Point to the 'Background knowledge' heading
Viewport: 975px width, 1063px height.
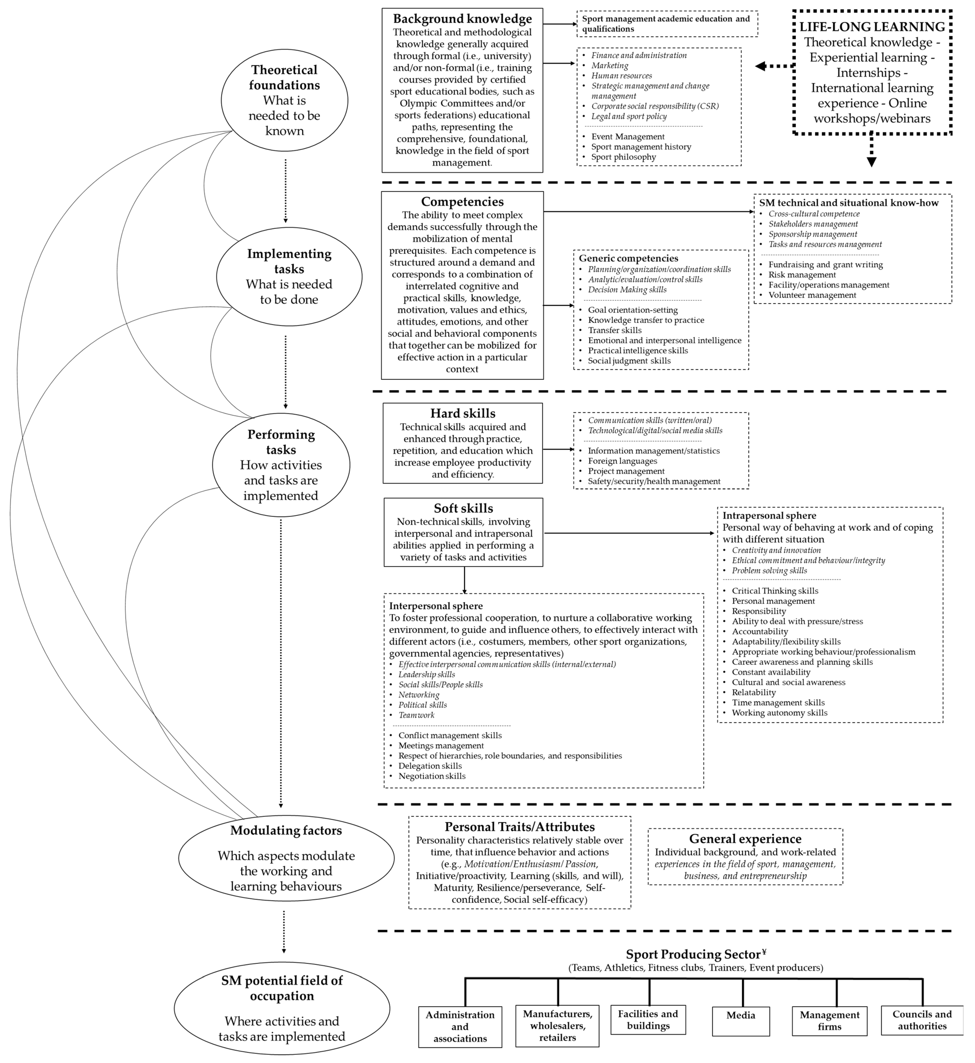462,19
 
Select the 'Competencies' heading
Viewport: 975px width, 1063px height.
462,202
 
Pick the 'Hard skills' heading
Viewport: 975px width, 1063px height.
463,413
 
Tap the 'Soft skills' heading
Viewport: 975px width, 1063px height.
463,508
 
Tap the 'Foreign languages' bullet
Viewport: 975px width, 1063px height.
622,461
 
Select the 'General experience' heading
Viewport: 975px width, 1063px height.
745,839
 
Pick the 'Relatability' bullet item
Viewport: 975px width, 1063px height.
753,692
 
